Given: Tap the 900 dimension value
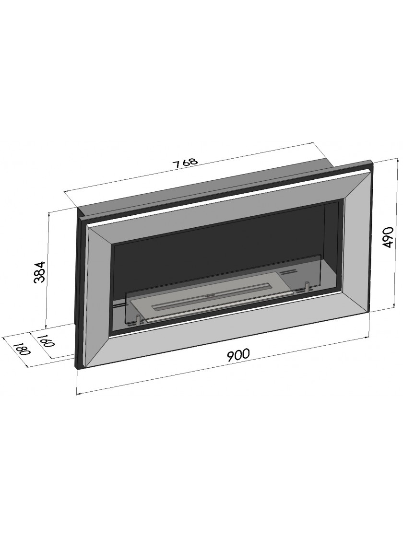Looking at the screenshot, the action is pos(238,354).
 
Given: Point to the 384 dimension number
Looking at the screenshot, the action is pos(40,271).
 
